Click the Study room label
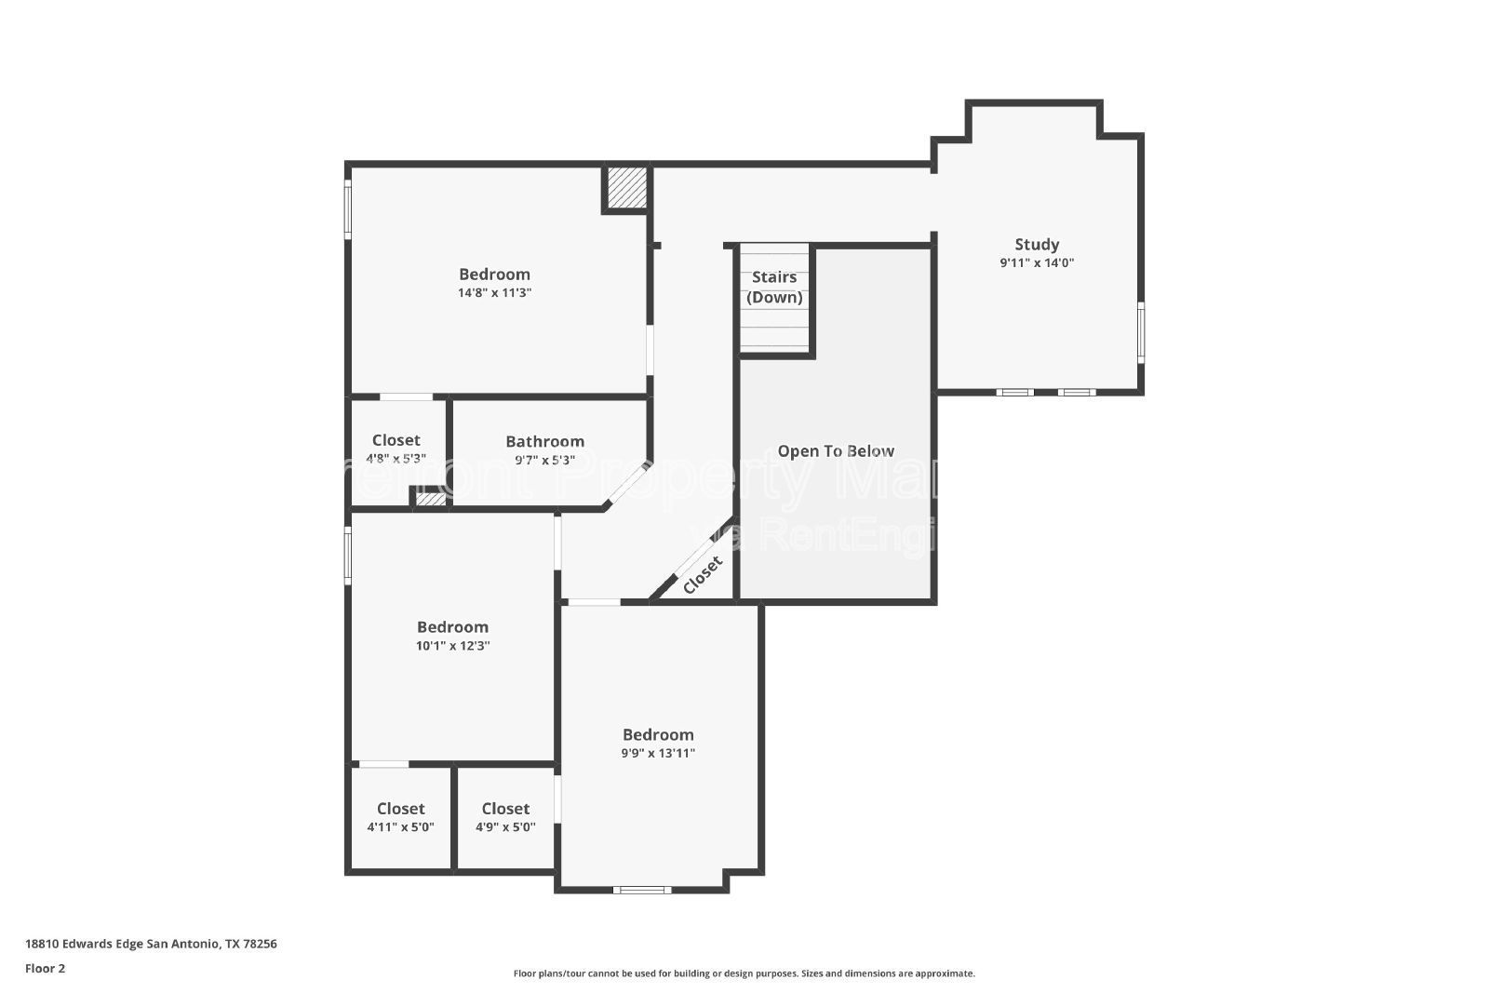click(1036, 245)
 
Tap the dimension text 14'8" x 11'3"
click(494, 293)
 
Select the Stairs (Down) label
click(774, 287)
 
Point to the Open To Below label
click(836, 451)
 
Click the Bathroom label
click(544, 441)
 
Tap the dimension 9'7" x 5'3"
click(544, 460)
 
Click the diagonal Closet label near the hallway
click(703, 575)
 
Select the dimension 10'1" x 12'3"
click(452, 646)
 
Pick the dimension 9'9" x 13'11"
click(658, 754)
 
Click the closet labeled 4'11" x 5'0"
click(400, 826)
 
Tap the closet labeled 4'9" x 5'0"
click(505, 826)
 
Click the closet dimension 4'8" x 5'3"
click(396, 459)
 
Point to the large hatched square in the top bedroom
click(626, 189)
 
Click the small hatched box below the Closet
click(430, 500)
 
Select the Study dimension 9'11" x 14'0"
click(1036, 263)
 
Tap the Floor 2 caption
click(45, 968)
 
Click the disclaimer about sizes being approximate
click(744, 973)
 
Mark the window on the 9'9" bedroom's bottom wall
click(642, 891)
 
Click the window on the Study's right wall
click(1141, 332)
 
